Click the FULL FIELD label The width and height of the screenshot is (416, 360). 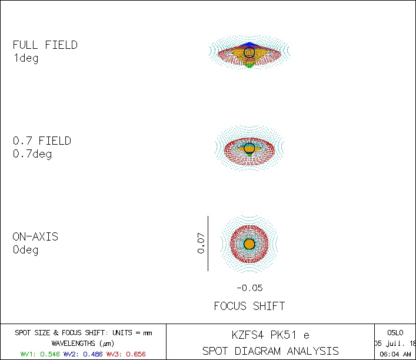(x=45, y=45)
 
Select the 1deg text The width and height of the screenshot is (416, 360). (x=25, y=58)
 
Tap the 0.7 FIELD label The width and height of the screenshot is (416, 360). (x=42, y=141)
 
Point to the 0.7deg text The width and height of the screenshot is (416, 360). (x=32, y=154)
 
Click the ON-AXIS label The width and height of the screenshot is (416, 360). (x=35, y=237)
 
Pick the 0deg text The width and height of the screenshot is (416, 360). (x=25, y=250)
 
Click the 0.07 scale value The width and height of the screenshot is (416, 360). (x=201, y=243)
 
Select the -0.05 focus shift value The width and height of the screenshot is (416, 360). (x=249, y=288)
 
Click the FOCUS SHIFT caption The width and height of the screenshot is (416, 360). (x=249, y=306)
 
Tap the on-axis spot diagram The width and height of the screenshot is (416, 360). (x=249, y=244)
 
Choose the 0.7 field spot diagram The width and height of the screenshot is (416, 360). (x=249, y=148)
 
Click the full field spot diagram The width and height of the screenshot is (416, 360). (x=249, y=53)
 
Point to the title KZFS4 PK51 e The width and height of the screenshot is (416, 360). (x=270, y=335)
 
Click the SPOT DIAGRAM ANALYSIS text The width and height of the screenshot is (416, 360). (x=270, y=351)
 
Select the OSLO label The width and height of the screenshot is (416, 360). (x=395, y=332)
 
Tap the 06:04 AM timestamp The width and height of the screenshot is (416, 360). (x=395, y=354)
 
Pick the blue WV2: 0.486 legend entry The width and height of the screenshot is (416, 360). (x=82, y=354)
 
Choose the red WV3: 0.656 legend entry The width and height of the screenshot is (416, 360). (x=125, y=354)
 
